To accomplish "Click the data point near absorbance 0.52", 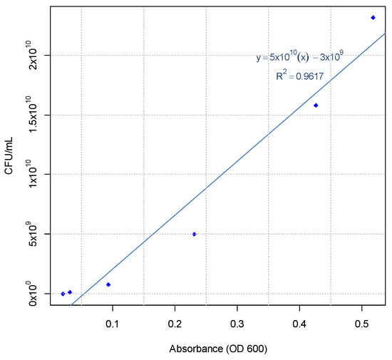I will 373,18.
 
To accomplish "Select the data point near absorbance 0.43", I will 316,106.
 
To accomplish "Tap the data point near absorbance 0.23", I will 194,234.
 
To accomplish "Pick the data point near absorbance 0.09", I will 108,284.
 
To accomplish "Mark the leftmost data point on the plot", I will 63,294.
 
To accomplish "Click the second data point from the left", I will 70,292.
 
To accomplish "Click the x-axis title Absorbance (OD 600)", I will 218,349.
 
